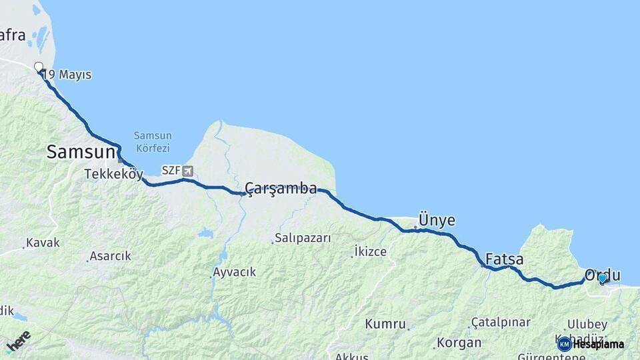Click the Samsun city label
[81, 152]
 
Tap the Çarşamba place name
[281, 189]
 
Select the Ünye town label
[437, 221]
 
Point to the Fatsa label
[504, 259]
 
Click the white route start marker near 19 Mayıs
[39, 67]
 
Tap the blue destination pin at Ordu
[602, 278]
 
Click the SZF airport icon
[187, 171]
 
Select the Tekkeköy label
[113, 175]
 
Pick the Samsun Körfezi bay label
[152, 141]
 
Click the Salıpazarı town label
[303, 238]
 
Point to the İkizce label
[370, 252]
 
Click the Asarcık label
[111, 256]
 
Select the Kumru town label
[385, 324]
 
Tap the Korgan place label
[459, 343]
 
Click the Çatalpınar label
[500, 323]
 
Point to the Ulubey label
[587, 325]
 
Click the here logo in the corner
[19, 341]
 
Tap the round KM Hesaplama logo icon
[564, 344]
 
